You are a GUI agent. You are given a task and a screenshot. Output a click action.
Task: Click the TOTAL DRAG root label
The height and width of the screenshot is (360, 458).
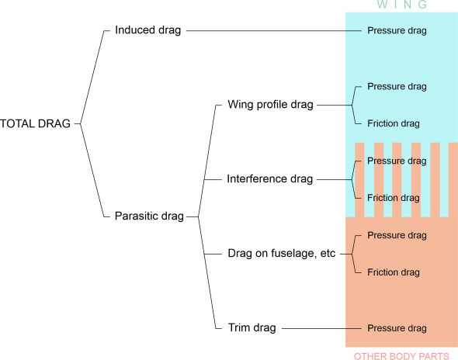[x=36, y=123]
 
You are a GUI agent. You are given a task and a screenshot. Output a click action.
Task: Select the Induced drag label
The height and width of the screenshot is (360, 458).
[x=147, y=31]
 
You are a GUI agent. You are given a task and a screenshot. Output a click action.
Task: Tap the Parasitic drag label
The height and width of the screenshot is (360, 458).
[x=149, y=216]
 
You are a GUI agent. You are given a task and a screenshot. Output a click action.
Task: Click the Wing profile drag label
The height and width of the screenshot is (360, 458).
[x=270, y=105]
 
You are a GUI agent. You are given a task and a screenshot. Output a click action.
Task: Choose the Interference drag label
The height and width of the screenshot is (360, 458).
[x=269, y=179]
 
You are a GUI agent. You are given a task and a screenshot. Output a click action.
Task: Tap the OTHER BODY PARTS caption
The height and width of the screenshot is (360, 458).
[x=401, y=355]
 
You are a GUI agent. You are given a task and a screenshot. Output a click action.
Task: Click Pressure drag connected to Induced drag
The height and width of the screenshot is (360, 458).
[x=396, y=31]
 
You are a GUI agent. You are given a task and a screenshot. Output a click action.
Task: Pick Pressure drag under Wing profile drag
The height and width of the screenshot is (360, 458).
[x=396, y=86]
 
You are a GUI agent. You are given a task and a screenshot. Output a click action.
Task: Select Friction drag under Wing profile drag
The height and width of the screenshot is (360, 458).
[x=393, y=123]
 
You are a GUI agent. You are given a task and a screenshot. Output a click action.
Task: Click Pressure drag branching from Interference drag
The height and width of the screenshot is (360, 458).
[x=396, y=161]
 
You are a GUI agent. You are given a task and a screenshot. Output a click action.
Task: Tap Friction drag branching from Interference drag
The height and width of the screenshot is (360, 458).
[x=393, y=198]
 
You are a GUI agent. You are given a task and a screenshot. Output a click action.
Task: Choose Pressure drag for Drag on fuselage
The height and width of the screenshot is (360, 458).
[x=396, y=235]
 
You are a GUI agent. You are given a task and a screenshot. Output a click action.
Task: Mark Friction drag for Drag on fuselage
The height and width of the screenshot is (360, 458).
[x=393, y=272]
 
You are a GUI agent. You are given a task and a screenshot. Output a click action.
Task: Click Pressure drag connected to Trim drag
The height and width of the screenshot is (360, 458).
[x=396, y=328]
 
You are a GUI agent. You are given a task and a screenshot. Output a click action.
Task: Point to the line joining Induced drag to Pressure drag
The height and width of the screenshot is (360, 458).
[x=272, y=31]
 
